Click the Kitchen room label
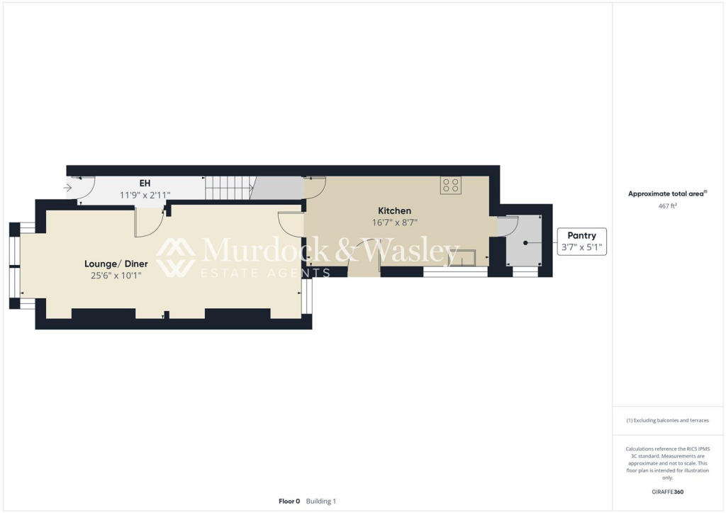click(x=394, y=210)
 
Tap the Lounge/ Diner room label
click(x=116, y=264)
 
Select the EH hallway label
click(x=145, y=184)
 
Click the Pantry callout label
click(x=581, y=235)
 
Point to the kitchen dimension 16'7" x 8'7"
click(x=395, y=222)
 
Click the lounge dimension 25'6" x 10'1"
click(x=116, y=275)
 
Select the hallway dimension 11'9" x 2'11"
click(x=145, y=195)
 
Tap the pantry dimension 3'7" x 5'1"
click(x=581, y=247)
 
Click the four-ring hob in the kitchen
click(x=450, y=186)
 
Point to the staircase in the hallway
click(x=229, y=188)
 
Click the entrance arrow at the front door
click(x=68, y=188)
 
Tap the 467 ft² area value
click(x=667, y=205)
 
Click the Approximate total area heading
click(x=666, y=193)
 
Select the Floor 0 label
click(x=289, y=501)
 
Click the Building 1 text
click(x=321, y=501)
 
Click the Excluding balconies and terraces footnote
click(x=667, y=420)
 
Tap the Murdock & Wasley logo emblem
click(x=176, y=256)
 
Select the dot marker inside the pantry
click(x=525, y=242)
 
